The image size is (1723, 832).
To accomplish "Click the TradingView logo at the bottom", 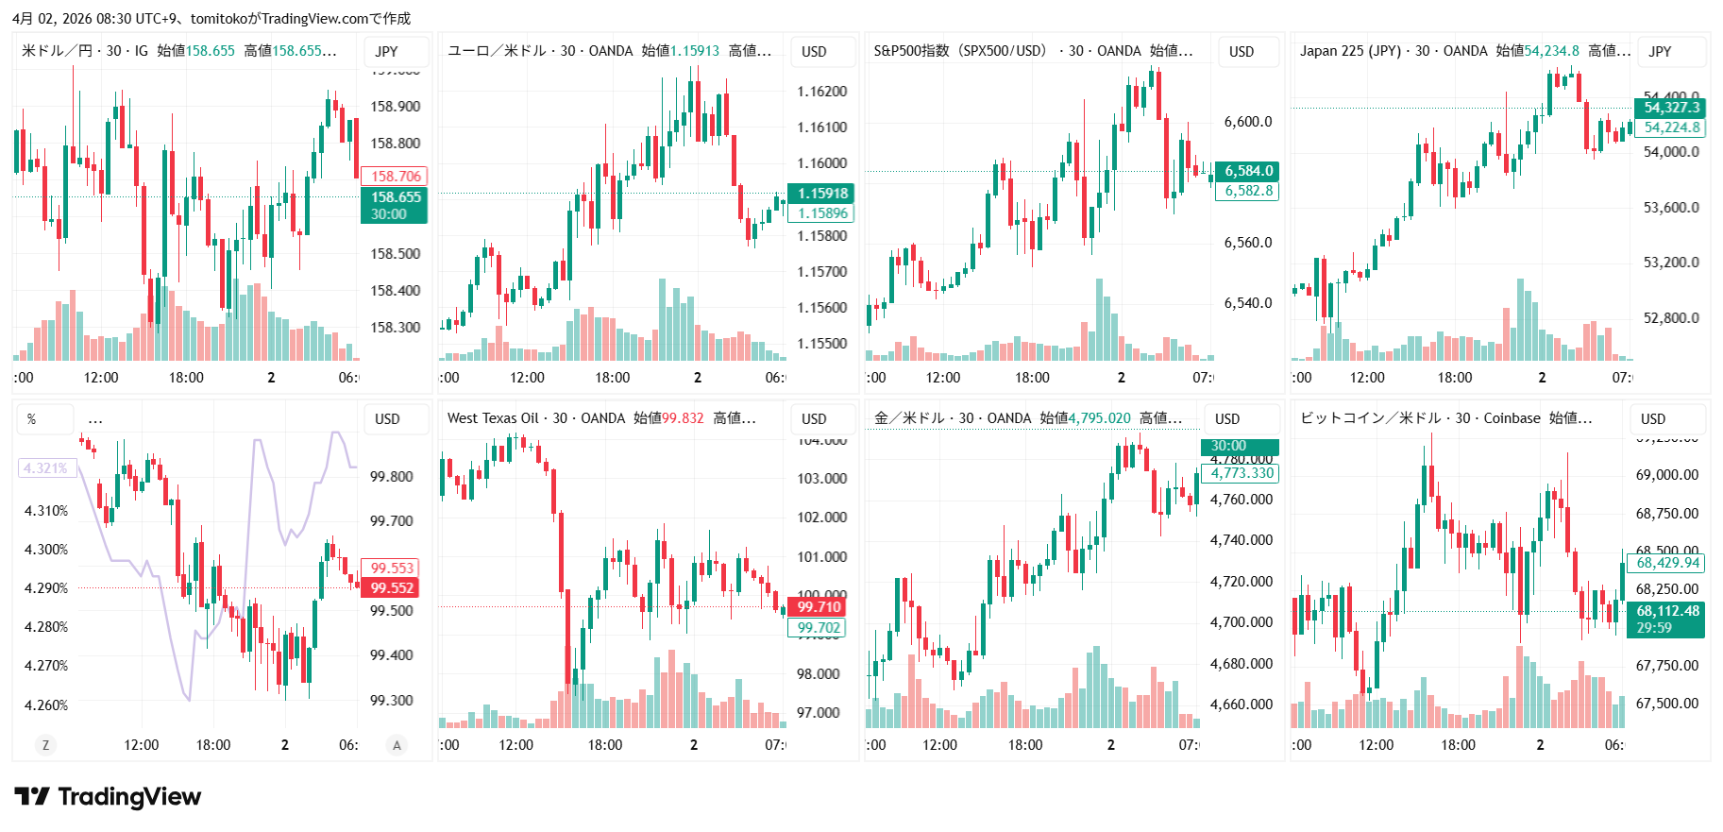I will (x=108, y=797).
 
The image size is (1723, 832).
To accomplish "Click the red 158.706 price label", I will (x=395, y=176).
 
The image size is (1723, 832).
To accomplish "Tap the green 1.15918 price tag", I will (x=821, y=193).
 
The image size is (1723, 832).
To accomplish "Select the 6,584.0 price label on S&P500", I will (x=1248, y=171).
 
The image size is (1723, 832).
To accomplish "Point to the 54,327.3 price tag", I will (x=1671, y=108).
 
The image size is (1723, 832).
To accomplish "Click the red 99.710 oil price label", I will (x=818, y=607).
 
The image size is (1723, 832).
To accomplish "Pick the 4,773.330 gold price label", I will (x=1242, y=473).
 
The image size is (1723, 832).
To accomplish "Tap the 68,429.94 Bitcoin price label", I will (x=1667, y=563).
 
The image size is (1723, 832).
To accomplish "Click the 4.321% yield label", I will (x=45, y=468).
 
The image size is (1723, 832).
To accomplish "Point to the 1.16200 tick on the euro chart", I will (x=821, y=92).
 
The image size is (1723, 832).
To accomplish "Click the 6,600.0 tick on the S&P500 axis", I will (x=1247, y=122).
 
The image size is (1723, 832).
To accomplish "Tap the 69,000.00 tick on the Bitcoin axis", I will (x=1666, y=475).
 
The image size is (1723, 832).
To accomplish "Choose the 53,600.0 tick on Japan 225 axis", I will (x=1670, y=208).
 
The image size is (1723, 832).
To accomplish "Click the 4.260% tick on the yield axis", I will (x=45, y=705).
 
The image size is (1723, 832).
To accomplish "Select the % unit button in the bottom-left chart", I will (x=32, y=419).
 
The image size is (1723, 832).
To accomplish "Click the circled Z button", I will (x=44, y=745).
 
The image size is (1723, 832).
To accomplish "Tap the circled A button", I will (x=397, y=745).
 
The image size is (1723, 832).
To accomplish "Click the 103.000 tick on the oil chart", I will (x=821, y=479).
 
